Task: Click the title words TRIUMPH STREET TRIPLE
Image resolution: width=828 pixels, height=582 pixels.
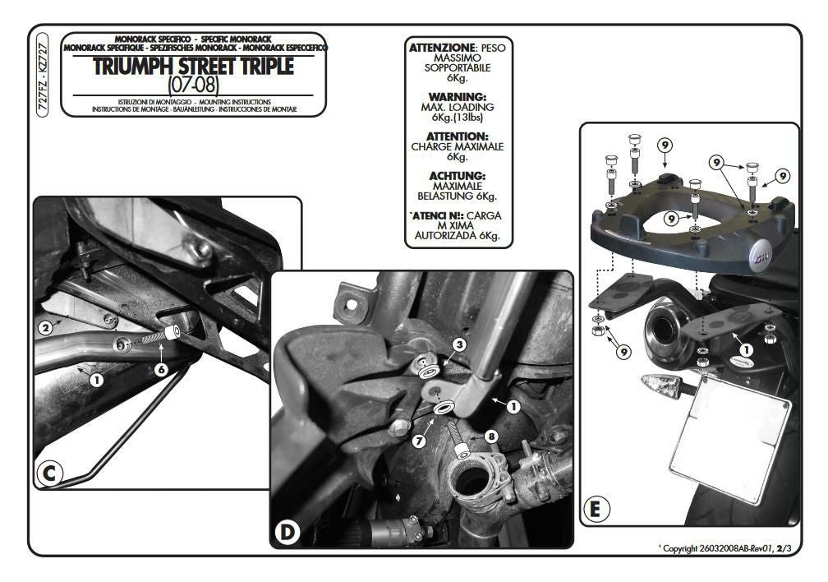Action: [x=193, y=67]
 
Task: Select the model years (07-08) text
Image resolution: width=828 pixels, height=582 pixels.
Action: [x=192, y=85]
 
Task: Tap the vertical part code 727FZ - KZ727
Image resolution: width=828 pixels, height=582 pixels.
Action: [x=44, y=78]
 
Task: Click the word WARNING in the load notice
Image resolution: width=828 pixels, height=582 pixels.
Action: [x=458, y=96]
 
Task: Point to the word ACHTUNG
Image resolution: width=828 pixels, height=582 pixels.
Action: [x=458, y=176]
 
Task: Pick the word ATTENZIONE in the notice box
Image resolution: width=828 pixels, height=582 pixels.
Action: [x=443, y=48]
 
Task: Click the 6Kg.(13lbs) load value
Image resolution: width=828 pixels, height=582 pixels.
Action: [x=458, y=118]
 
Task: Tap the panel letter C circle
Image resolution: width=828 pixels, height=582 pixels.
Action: [x=50, y=474]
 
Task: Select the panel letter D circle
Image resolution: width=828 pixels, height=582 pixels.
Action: [x=287, y=533]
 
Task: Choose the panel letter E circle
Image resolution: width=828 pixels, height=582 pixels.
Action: [x=595, y=510]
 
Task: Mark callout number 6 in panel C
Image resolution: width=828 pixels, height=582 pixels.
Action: [x=162, y=370]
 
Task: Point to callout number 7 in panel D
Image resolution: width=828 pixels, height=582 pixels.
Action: [x=418, y=441]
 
